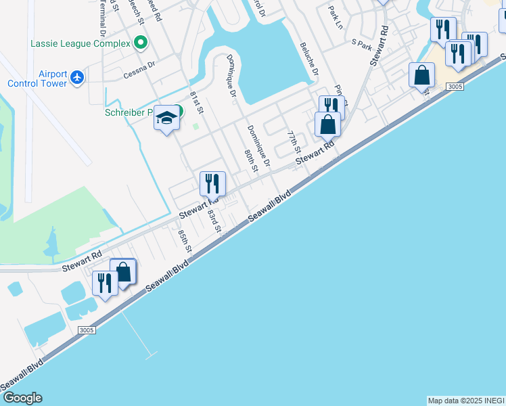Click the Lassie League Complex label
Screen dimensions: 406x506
tap(80, 44)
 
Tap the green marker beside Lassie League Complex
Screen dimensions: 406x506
tap(141, 44)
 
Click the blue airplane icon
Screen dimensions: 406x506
tap(77, 77)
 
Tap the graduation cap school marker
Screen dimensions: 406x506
tap(166, 119)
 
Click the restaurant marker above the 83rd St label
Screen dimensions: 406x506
tap(212, 183)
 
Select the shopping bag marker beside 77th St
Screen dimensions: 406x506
tap(327, 125)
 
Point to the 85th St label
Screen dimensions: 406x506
tap(185, 242)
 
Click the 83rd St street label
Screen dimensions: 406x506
tap(215, 221)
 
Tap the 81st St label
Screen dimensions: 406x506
tap(197, 101)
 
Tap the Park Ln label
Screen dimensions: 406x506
tap(336, 18)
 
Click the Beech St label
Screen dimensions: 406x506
tap(140, 13)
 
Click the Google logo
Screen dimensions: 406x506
tap(22, 398)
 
